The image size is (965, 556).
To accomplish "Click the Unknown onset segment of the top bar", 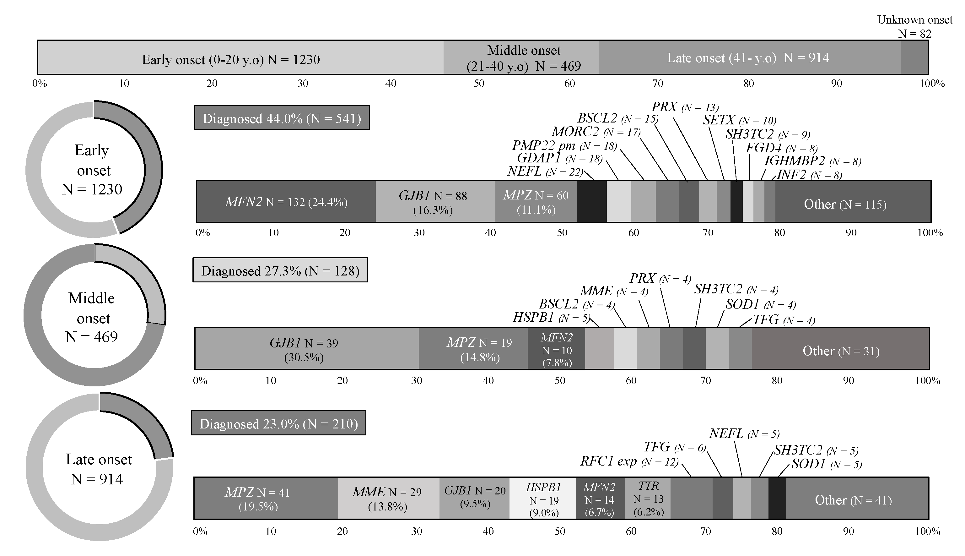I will [x=914, y=57].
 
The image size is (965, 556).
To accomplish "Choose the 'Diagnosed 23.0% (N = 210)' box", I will [x=278, y=423].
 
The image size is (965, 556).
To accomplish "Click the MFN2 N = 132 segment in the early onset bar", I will [x=286, y=202].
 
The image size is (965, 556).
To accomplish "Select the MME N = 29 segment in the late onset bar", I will [x=388, y=498].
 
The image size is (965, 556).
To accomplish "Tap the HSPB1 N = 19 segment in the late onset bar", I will [x=543, y=498].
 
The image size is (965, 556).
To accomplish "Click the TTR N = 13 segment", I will [x=648, y=498].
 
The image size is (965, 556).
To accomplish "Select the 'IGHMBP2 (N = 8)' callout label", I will [x=812, y=161].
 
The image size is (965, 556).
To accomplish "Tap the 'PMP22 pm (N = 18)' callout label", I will [x=564, y=145].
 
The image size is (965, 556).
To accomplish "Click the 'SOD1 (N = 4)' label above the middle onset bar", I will [x=760, y=305].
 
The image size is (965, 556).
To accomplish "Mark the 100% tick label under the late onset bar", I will [x=928, y=531].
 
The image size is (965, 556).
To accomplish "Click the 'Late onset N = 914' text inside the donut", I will [x=99, y=469].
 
